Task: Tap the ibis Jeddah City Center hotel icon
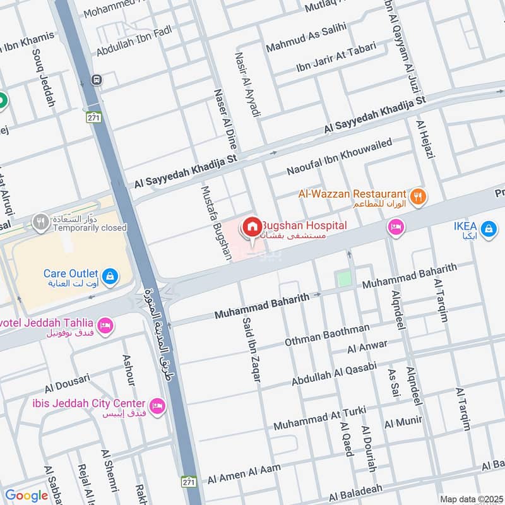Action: (157, 405)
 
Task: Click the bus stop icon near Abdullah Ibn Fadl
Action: (96, 80)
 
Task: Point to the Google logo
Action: (27, 496)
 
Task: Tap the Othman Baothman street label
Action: (327, 335)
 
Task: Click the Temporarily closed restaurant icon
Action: (42, 222)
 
